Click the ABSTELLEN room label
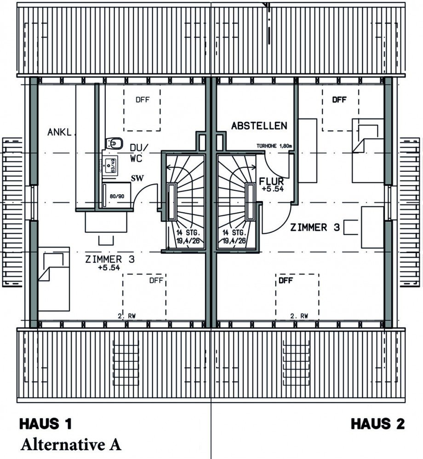pos(259,126)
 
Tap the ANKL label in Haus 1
pos(59,133)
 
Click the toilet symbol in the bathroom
pos(114,144)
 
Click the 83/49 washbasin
pos(110,164)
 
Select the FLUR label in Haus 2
pos(271,181)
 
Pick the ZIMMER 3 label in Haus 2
pos(314,227)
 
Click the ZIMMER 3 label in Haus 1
pos(110,259)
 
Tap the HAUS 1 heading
pos(46,424)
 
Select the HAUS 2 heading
pos(378,424)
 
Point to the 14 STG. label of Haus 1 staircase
pos(187,233)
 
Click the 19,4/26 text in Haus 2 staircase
pos(234,240)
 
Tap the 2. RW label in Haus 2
pos(299,316)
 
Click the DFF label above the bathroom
pos(142,99)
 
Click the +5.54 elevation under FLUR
pos(271,189)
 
